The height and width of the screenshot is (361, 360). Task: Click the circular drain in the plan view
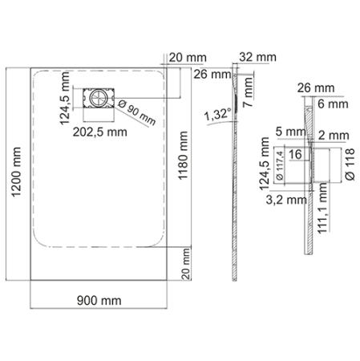click(x=98, y=97)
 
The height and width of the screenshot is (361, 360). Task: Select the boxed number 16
click(x=295, y=153)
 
